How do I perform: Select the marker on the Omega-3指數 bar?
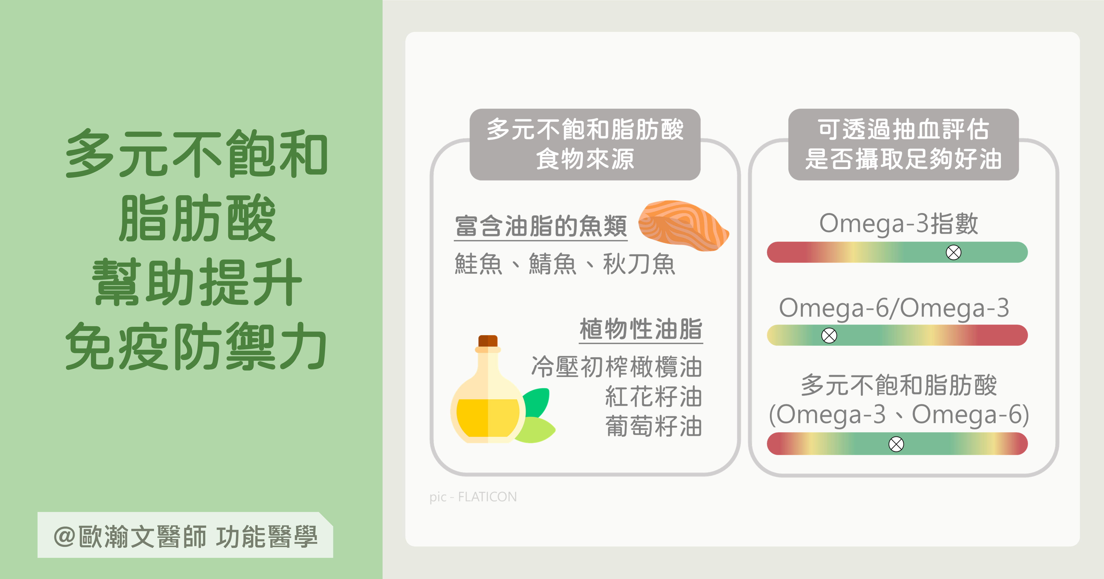[x=953, y=252]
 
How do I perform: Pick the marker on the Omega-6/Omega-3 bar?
[x=829, y=335]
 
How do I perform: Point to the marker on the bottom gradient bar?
[x=896, y=444]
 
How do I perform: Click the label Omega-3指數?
[x=898, y=224]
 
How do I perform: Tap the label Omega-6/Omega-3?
[x=894, y=308]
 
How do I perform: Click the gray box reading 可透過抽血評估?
[x=903, y=144]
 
